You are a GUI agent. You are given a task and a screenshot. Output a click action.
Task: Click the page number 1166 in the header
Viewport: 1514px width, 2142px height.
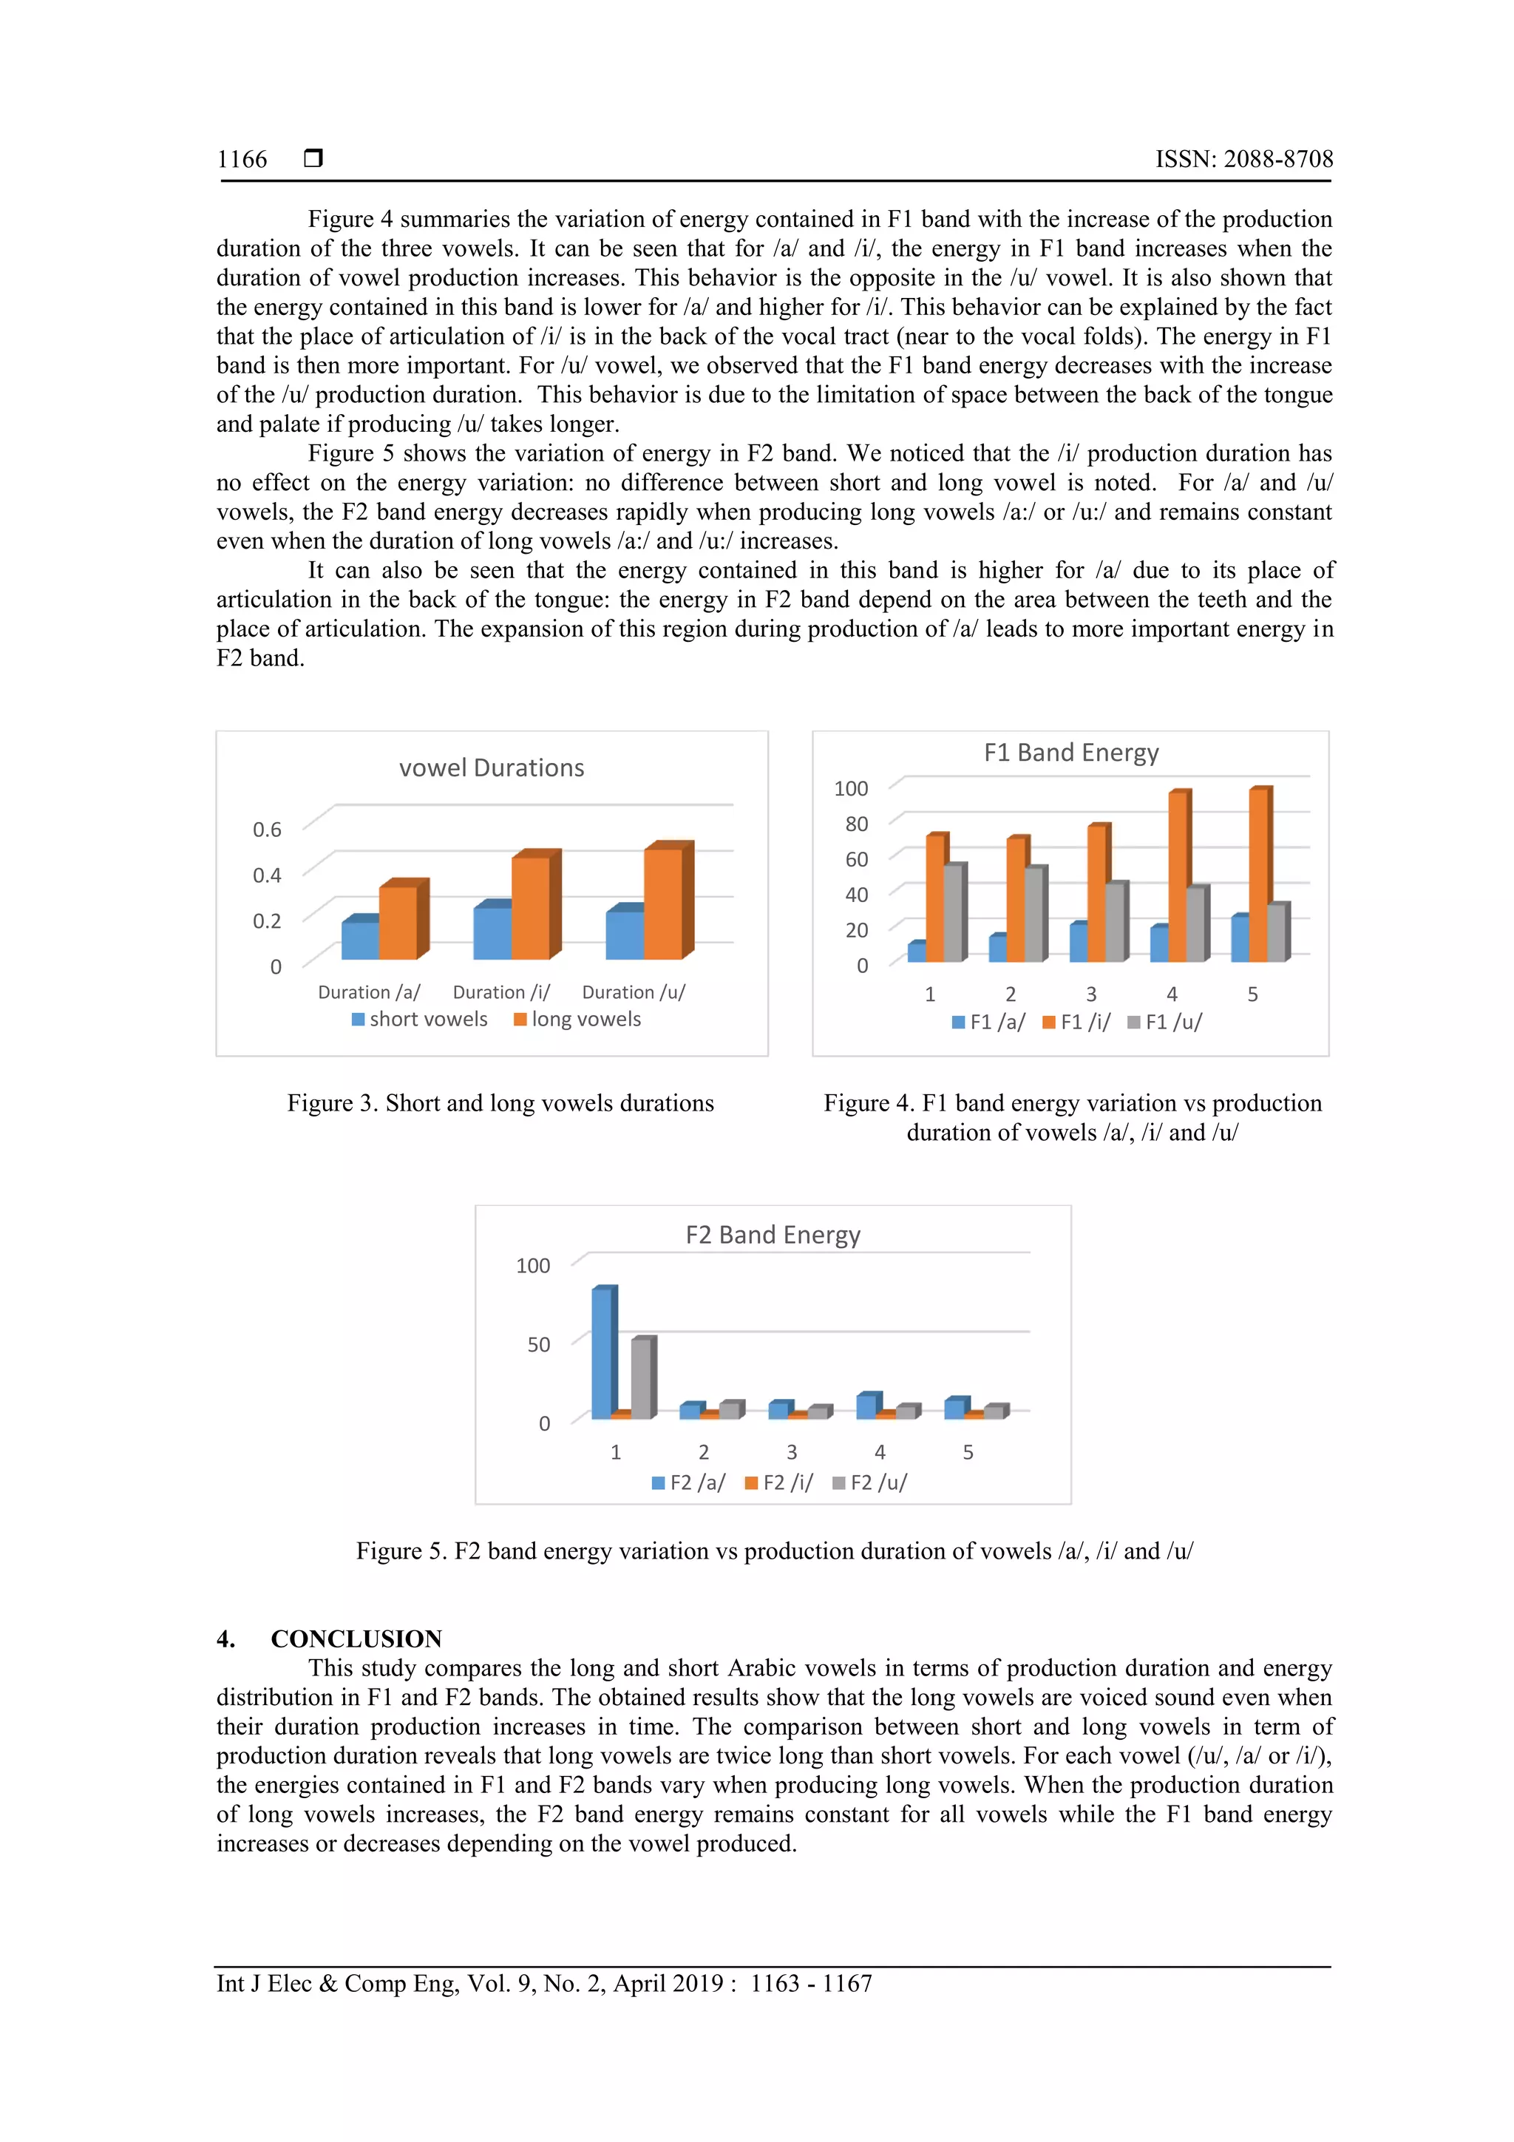pyautogui.click(x=242, y=160)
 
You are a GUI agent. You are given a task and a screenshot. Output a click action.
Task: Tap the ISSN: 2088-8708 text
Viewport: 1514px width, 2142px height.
pyautogui.click(x=1243, y=160)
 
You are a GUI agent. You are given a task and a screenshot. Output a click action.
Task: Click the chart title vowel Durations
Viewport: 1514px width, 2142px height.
pyautogui.click(x=492, y=767)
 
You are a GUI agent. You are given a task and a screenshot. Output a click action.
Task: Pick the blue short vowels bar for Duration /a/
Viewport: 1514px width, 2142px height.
pyautogui.click(x=360, y=940)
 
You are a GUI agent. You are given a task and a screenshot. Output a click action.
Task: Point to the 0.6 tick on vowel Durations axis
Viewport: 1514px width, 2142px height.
pyautogui.click(x=267, y=830)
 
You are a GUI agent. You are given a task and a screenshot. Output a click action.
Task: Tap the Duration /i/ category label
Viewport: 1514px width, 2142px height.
pyautogui.click(x=501, y=992)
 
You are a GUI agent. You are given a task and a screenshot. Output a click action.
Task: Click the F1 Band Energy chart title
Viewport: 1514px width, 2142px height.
pyautogui.click(x=1071, y=752)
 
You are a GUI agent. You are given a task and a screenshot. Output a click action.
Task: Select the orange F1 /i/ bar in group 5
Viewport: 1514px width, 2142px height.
pyautogui.click(x=1257, y=875)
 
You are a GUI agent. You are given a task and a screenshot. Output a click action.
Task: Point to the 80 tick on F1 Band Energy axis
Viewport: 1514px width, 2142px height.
pyautogui.click(x=856, y=824)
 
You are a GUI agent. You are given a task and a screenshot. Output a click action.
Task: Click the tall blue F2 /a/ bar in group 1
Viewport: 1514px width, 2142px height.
pyautogui.click(x=602, y=1353)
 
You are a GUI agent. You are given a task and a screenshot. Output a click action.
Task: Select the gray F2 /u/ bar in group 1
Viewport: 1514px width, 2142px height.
pyautogui.click(x=641, y=1379)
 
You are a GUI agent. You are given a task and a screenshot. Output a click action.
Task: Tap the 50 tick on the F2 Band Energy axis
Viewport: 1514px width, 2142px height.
pyautogui.click(x=538, y=1344)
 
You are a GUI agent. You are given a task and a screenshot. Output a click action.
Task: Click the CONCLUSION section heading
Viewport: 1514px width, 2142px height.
pyautogui.click(x=356, y=1638)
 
